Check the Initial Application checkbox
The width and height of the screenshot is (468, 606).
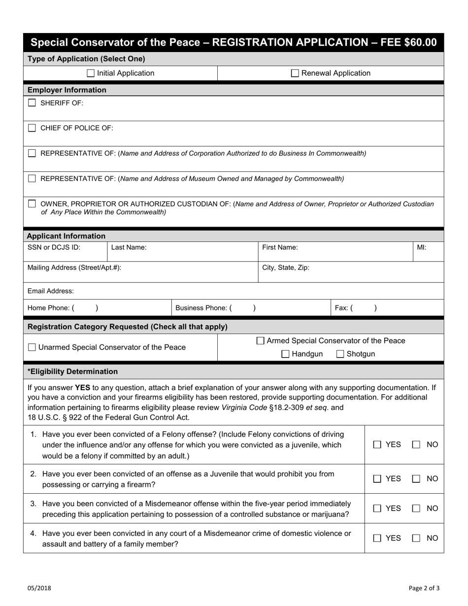91,73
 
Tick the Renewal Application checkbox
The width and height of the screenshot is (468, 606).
295,73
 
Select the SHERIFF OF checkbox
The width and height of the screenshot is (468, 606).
32,103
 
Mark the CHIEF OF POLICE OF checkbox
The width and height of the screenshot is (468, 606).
32,128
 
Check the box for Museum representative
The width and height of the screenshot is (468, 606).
32,179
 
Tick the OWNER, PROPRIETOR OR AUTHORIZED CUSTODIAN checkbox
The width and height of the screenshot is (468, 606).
32,203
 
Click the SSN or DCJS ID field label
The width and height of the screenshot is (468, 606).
54,248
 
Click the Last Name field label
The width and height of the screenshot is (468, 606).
129,248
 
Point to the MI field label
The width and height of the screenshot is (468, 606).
422,248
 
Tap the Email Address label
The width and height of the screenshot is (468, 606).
51,291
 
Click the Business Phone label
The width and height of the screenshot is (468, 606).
201,308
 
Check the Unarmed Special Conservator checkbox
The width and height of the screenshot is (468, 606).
32,348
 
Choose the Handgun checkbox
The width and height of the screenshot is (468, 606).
285,354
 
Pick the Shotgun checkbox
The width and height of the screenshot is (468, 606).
340,354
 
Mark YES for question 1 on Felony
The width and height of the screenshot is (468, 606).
377,445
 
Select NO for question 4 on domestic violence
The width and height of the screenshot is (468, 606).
416,539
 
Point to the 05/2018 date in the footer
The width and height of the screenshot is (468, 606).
39,588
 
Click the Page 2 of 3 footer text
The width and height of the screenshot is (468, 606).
424,588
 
